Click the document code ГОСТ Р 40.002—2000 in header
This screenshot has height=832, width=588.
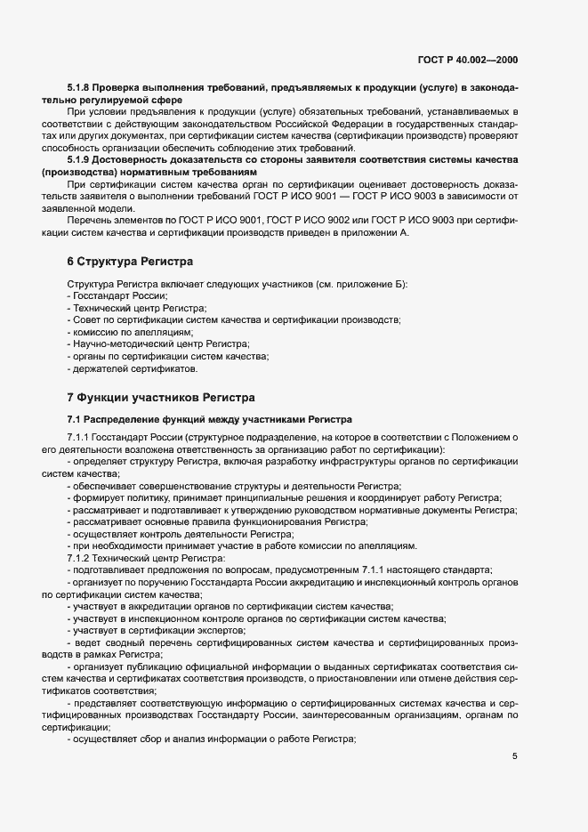tap(467, 61)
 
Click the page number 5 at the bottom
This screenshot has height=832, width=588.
tap(514, 756)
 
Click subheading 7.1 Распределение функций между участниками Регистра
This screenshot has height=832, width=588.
tap(210, 418)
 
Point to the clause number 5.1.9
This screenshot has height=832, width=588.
tap(79, 159)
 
